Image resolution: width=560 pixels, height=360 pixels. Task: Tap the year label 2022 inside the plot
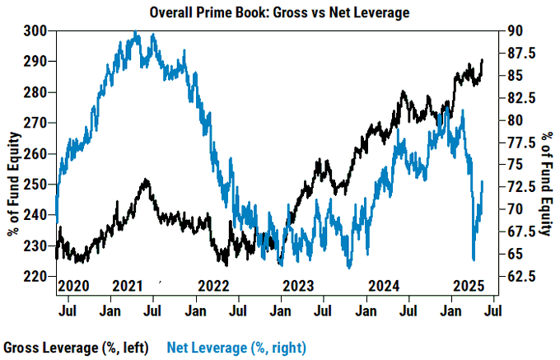pos(214,287)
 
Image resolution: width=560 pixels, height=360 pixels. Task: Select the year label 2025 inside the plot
pos(469,287)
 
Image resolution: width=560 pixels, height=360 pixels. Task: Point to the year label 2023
pos(299,287)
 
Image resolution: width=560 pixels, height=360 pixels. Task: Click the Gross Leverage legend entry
pos(79,347)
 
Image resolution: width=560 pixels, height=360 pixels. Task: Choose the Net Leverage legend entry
pos(237,347)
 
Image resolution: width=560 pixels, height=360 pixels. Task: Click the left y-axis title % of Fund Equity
pos(12,154)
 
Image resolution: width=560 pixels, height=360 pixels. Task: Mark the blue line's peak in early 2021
pos(135,32)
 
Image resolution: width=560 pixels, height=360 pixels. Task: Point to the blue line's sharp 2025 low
pos(474,259)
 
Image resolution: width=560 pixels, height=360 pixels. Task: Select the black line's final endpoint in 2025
pos(483,60)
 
